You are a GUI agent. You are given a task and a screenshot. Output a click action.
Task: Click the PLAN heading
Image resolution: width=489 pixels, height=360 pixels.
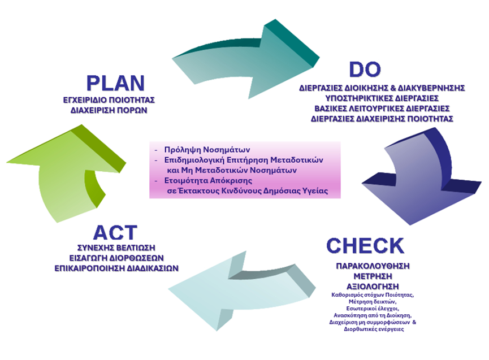pyautogui.click(x=115, y=83)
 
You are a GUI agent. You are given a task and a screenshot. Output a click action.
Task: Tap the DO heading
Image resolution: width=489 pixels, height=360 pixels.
pyautogui.click(x=365, y=70)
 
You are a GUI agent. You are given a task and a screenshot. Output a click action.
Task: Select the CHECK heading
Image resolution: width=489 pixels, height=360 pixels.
pyautogui.click(x=365, y=246)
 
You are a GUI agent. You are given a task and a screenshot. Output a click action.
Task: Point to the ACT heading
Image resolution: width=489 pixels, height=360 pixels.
pyautogui.click(x=115, y=232)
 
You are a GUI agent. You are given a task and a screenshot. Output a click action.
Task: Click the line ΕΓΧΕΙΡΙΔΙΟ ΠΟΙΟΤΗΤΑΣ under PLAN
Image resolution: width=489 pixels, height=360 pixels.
pyautogui.click(x=109, y=100)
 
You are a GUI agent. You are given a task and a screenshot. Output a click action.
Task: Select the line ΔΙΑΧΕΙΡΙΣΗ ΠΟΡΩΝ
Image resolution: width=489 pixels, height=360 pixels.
pyautogui.click(x=109, y=110)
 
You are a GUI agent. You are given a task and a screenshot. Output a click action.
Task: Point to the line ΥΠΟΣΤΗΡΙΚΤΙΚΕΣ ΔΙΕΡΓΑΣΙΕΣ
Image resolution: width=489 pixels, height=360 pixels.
pyautogui.click(x=382, y=98)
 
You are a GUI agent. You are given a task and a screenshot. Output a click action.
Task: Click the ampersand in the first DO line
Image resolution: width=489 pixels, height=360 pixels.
pyautogui.click(x=393, y=88)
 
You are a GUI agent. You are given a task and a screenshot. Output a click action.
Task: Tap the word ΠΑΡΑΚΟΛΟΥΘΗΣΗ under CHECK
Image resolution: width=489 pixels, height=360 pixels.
pyautogui.click(x=373, y=266)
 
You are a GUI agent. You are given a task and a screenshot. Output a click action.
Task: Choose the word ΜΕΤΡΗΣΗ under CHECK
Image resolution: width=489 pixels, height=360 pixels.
pyautogui.click(x=373, y=276)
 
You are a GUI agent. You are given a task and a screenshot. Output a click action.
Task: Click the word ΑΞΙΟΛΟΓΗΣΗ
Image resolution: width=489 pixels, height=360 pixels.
pyautogui.click(x=373, y=287)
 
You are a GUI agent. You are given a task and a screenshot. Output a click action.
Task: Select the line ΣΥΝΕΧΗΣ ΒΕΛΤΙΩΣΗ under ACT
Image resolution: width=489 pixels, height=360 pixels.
pyautogui.click(x=116, y=248)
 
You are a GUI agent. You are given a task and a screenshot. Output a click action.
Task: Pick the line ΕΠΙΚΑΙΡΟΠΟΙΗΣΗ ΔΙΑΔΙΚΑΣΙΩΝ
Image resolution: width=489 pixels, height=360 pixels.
pyautogui.click(x=116, y=268)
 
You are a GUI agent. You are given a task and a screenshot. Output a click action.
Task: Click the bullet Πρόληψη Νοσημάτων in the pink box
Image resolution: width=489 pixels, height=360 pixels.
pyautogui.click(x=207, y=150)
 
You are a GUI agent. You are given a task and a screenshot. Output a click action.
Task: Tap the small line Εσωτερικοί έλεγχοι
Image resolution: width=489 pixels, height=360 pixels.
pyautogui.click(x=373, y=308)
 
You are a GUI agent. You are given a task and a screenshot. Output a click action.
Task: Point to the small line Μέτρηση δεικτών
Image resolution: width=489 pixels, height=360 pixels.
pyautogui.click(x=373, y=301)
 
